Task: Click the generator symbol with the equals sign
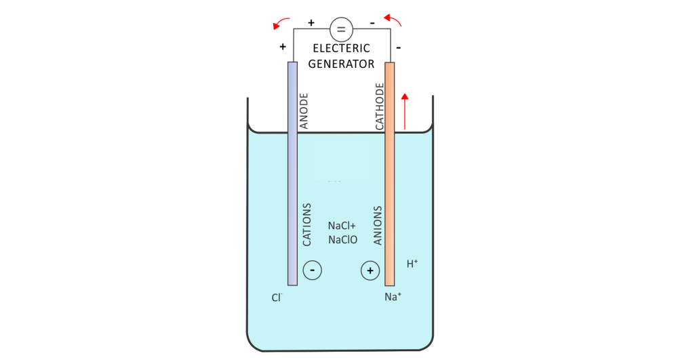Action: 341,29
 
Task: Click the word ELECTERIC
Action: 341,49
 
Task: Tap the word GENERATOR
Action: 341,64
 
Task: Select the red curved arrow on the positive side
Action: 281,23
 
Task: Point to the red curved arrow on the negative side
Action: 393,21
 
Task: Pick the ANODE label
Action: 304,111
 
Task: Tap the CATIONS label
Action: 306,224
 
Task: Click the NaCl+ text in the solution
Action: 342,226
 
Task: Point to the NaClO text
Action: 342,239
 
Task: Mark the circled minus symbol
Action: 312,271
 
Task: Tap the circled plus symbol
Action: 370,271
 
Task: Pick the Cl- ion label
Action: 276,297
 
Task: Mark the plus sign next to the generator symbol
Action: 311,23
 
